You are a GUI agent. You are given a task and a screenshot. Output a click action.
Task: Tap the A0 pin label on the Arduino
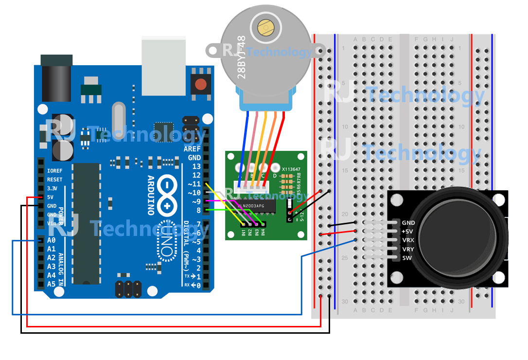(x=51, y=240)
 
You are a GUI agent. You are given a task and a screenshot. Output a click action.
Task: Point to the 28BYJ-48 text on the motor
(x=242, y=57)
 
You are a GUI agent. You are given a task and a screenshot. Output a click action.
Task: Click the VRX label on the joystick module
(x=408, y=240)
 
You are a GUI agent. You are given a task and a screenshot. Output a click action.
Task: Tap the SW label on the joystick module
(x=407, y=258)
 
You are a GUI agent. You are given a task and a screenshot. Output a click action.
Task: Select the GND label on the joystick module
(x=408, y=223)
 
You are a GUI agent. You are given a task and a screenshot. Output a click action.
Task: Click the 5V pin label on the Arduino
(x=51, y=197)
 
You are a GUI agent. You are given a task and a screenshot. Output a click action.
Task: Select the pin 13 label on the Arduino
(x=196, y=166)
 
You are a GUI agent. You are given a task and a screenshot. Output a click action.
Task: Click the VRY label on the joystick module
(x=408, y=249)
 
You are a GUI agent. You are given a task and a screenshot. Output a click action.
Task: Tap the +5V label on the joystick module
(x=408, y=232)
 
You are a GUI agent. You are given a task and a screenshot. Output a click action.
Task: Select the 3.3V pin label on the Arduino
(x=52, y=188)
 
